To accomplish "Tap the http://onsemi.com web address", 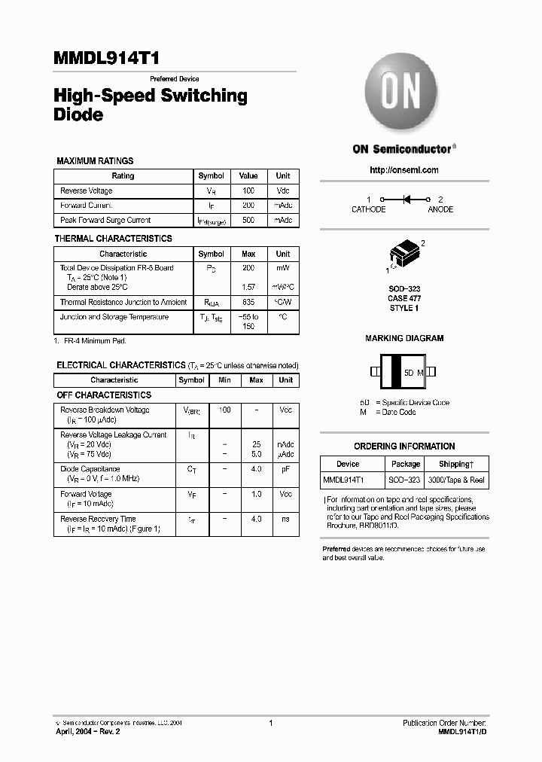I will point(404,170).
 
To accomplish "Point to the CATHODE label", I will point(369,209).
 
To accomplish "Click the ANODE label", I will point(440,209).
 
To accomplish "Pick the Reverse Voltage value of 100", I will point(248,191).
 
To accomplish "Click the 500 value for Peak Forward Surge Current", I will point(248,221).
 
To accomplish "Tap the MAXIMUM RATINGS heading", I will point(95,161).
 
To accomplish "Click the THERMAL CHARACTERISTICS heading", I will point(113,239).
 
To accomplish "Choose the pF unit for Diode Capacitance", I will point(285,469).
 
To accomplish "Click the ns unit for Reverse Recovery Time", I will point(285,519).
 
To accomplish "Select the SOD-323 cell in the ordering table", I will point(406,480).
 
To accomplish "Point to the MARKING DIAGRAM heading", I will point(404,339).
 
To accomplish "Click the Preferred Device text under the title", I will point(175,79).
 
